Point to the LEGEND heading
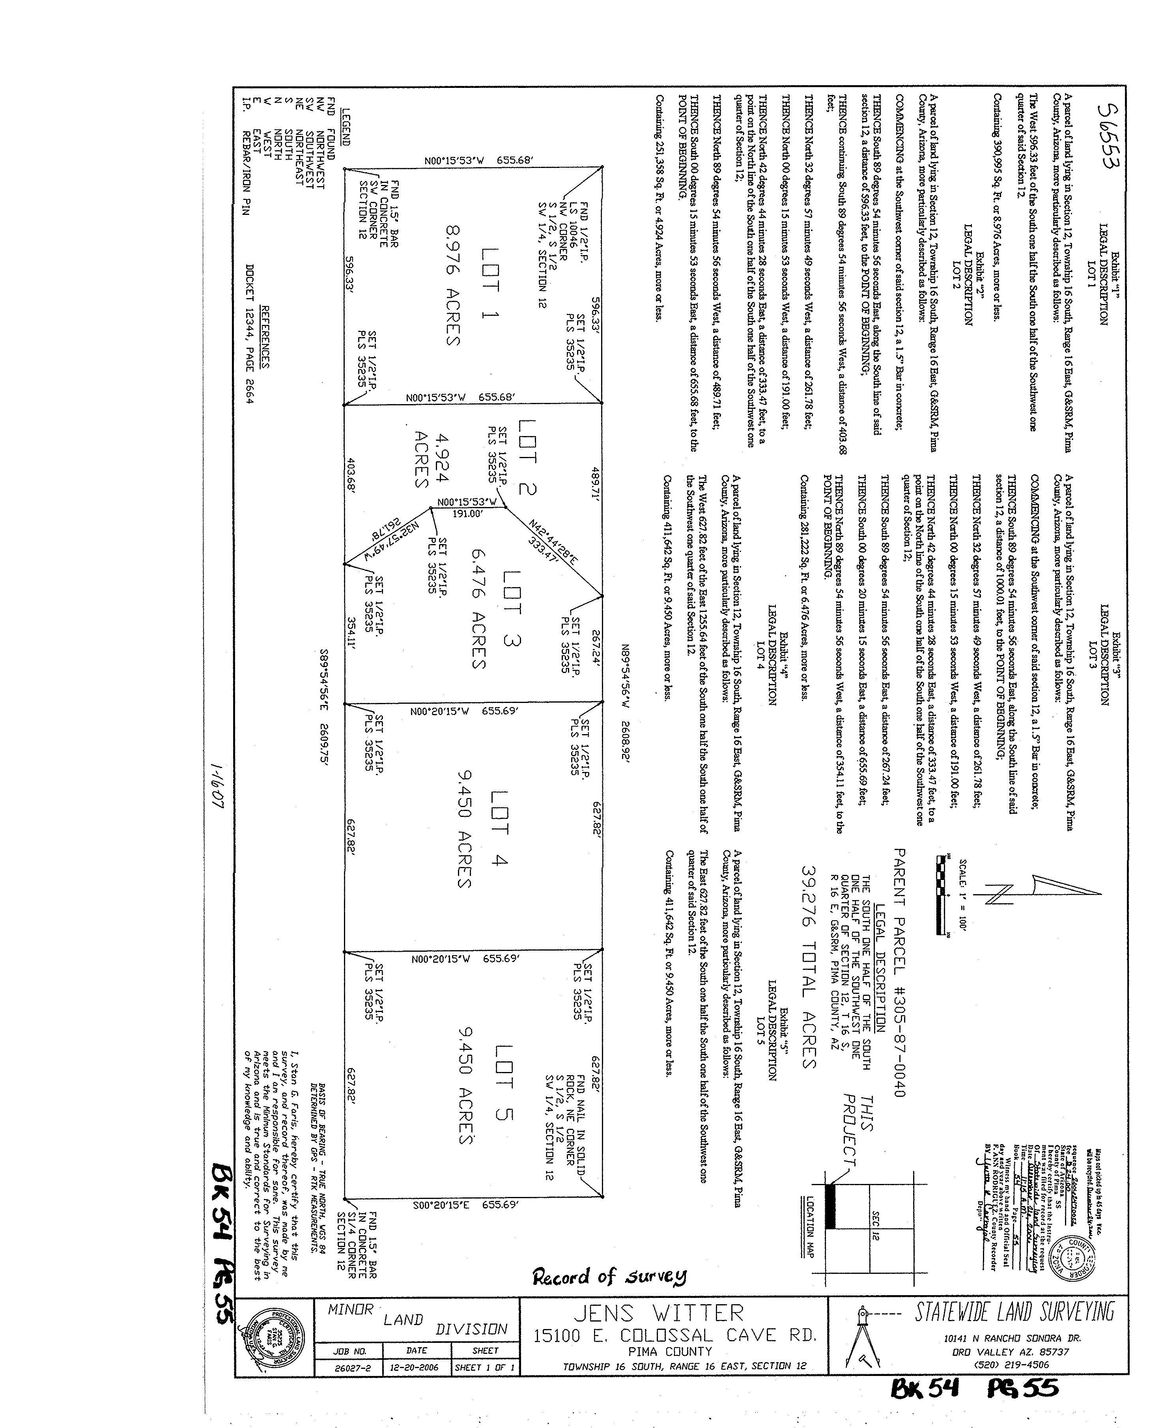click(x=345, y=127)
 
